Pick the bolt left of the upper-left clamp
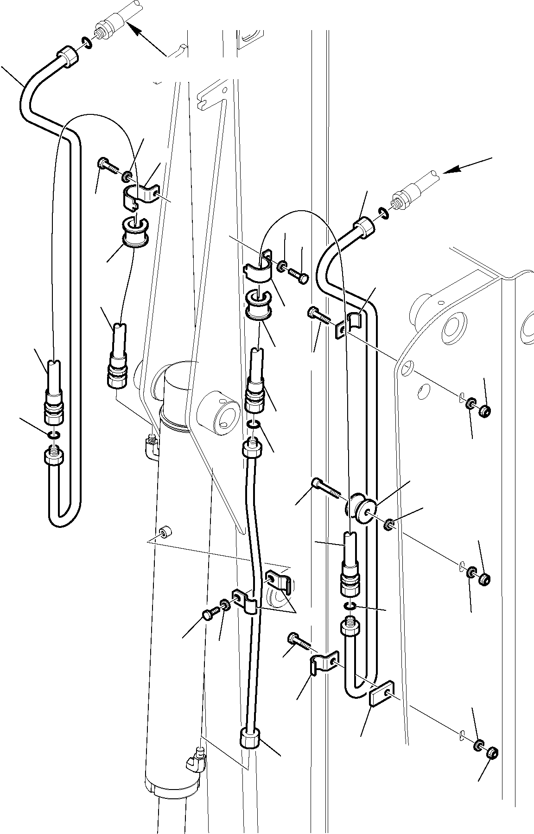[x=107, y=165]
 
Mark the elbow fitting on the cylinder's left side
[x=151, y=445]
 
